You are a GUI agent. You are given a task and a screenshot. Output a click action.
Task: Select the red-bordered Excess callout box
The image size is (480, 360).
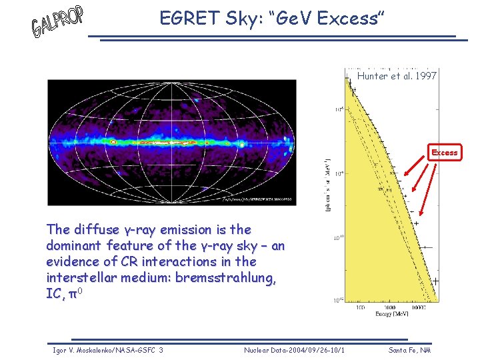point(444,153)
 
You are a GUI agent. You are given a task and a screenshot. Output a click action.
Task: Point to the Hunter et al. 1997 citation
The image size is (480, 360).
point(397,76)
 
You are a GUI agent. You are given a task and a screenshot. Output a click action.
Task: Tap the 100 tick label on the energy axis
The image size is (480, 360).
point(361,306)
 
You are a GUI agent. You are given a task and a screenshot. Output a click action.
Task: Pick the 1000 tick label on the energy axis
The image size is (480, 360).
point(393,306)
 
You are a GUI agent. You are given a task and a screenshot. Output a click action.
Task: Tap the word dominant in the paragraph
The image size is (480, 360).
point(75,246)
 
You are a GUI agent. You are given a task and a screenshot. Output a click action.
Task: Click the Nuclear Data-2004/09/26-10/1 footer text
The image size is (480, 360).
point(294,350)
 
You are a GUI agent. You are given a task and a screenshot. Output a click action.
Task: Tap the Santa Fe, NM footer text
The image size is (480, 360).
point(410,350)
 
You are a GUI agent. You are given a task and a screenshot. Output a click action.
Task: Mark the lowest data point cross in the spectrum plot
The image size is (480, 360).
point(435,281)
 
